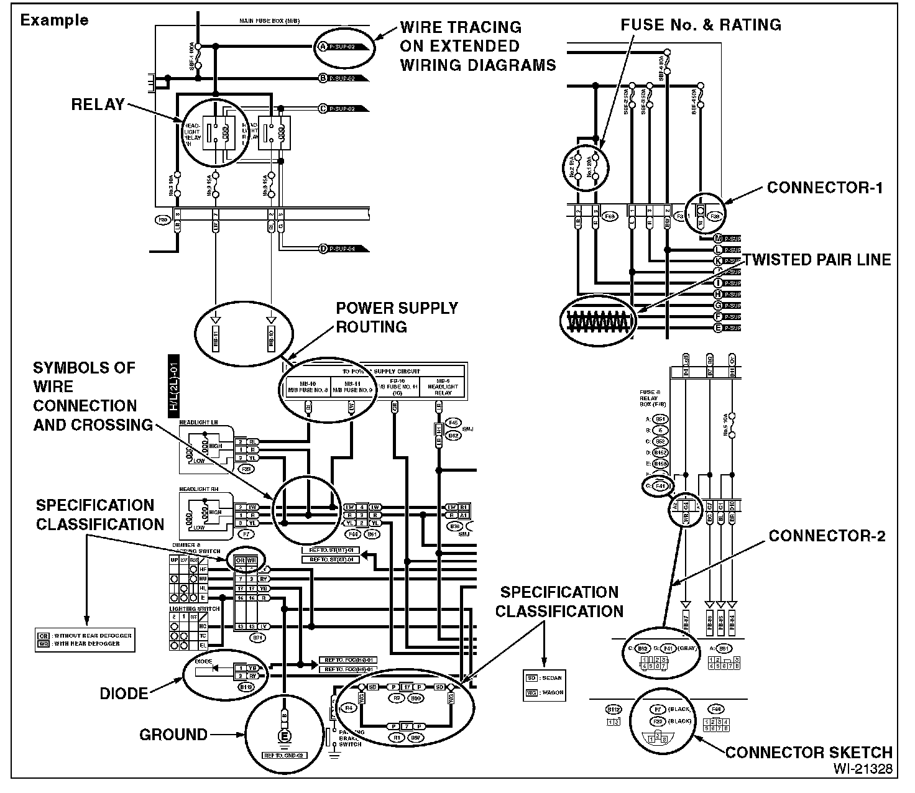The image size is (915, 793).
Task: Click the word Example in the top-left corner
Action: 55,20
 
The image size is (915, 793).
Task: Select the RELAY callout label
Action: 98,104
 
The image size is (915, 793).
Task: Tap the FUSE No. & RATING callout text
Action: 701,25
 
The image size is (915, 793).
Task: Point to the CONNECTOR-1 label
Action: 824,188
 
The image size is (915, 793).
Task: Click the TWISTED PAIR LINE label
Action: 817,260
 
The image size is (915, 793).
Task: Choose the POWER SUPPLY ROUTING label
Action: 397,318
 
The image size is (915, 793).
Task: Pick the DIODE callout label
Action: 124,693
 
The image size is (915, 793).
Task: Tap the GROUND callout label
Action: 173,735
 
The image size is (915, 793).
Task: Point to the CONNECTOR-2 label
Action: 827,536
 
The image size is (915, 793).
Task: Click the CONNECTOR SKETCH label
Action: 809,753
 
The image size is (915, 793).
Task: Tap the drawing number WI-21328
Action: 863,769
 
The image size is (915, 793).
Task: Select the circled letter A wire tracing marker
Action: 323,47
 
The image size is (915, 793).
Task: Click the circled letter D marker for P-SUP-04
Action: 323,249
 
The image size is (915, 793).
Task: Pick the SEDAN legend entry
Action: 545,677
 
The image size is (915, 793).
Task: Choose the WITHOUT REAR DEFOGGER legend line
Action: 84,636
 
